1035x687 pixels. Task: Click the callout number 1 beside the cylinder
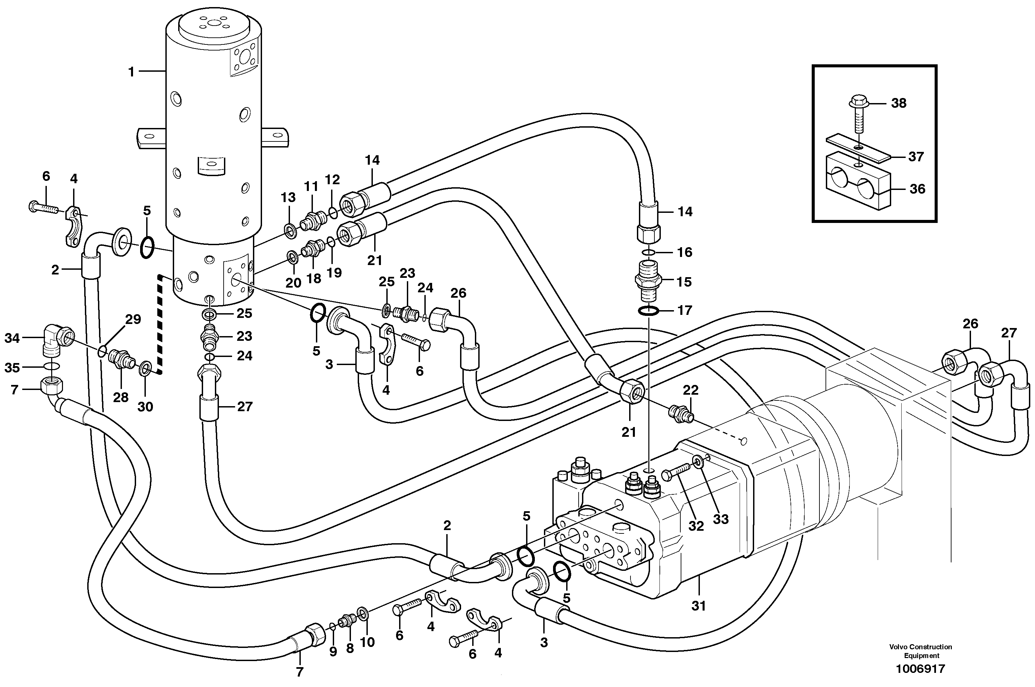[x=131, y=72]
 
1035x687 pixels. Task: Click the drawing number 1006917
[x=920, y=669]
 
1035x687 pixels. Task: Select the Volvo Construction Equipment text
[x=920, y=651]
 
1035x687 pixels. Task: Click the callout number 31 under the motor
[x=699, y=606]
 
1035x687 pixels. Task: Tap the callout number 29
[x=133, y=319]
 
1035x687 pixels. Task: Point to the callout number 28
[x=121, y=397]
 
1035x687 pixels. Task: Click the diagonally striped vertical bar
[x=160, y=324]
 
